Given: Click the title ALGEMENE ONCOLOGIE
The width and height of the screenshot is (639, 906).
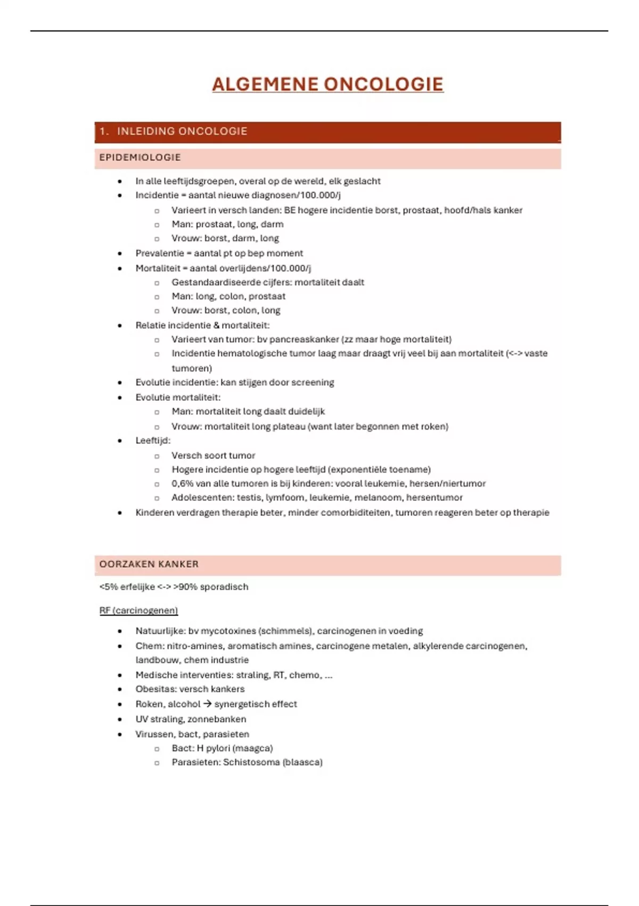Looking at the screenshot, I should (x=327, y=84).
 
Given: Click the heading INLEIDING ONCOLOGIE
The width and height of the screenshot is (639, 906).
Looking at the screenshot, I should (x=182, y=131).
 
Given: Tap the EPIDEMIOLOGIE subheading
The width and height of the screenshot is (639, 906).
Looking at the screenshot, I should (x=140, y=157).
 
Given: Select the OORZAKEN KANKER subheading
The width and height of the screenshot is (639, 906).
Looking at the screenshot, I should (x=149, y=564).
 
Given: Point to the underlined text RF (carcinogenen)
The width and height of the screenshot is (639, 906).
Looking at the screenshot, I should (x=138, y=610).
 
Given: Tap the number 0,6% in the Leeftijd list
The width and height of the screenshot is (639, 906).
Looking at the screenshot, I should (x=182, y=483).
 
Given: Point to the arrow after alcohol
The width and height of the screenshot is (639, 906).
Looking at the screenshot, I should (x=208, y=704).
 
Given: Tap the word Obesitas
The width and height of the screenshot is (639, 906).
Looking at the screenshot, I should (x=153, y=689).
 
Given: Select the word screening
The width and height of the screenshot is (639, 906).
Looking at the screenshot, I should (x=313, y=382).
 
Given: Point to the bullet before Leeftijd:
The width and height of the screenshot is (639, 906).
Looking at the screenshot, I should (x=120, y=441).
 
